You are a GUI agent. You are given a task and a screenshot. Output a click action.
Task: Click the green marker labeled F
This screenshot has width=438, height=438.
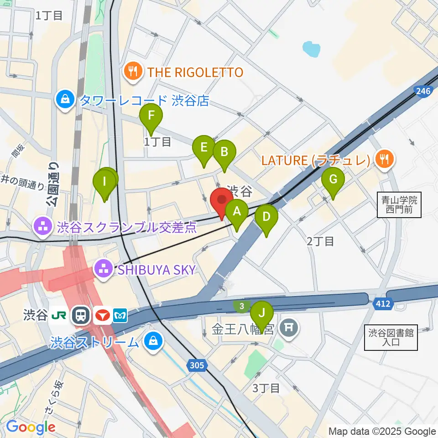(151, 117)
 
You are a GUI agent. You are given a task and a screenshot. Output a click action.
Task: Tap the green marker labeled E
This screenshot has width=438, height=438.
(203, 148)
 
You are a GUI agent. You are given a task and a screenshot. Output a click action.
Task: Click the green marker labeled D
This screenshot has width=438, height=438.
(266, 218)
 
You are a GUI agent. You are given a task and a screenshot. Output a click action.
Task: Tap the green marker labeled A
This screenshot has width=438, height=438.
(236, 212)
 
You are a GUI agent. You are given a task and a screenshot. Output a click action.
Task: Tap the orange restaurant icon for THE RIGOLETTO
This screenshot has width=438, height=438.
(132, 72)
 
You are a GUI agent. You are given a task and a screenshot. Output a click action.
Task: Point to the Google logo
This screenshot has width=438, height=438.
(31, 427)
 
